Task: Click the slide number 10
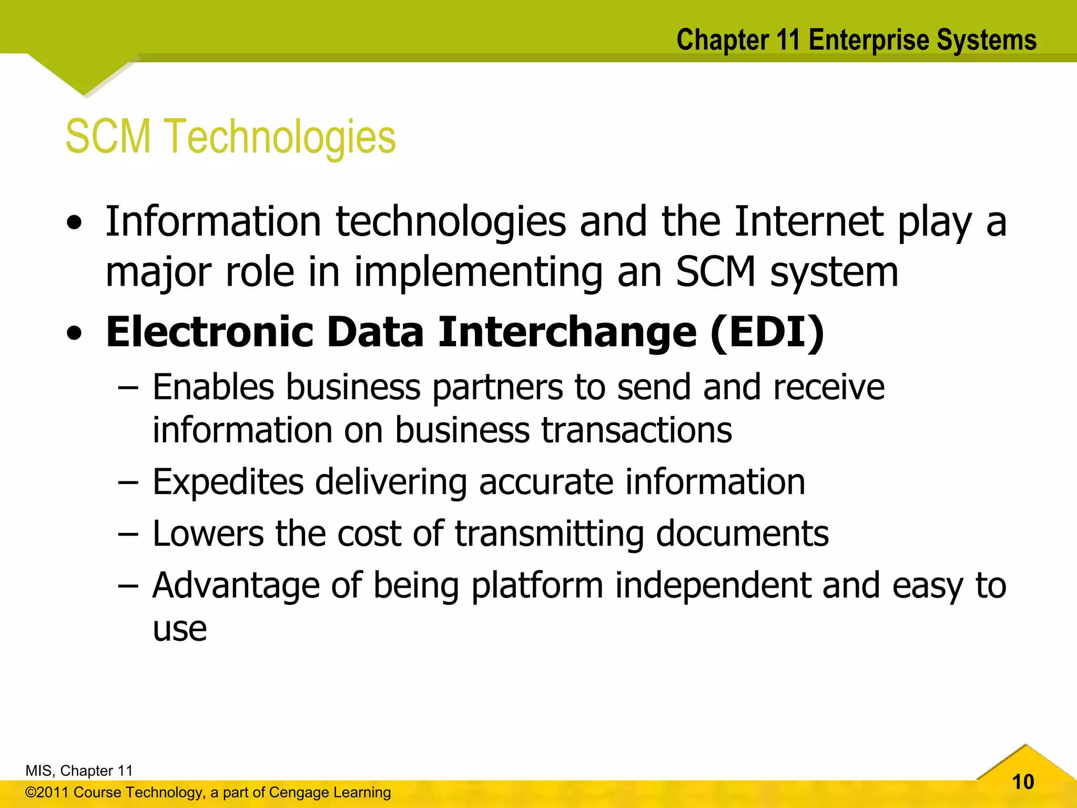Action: point(1023,782)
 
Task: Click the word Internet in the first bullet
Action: point(809,221)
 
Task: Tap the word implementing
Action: point(478,272)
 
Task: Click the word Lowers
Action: point(208,533)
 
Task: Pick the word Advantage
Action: point(236,585)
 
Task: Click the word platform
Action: point(537,585)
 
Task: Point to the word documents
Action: point(742,533)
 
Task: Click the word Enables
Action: point(213,387)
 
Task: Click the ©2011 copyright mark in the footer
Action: point(47,792)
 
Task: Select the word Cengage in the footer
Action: point(297,792)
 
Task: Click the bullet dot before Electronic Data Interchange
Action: point(75,334)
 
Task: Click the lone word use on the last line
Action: point(180,629)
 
